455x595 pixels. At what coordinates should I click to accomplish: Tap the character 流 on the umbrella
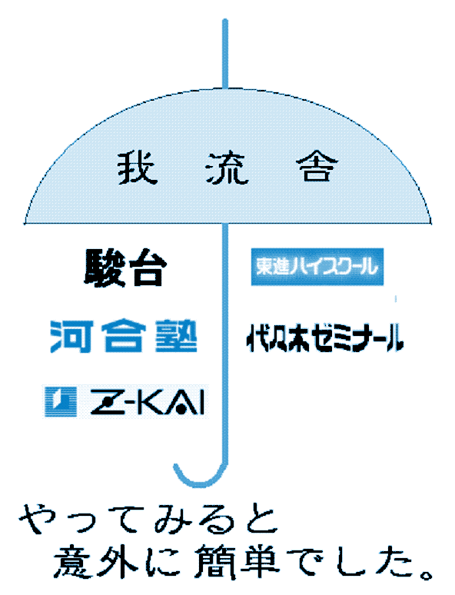coord(227,168)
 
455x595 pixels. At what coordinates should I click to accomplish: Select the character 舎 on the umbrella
coord(317,167)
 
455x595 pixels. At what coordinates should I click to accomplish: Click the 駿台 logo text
coord(125,268)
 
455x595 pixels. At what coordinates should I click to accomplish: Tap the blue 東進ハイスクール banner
coord(317,267)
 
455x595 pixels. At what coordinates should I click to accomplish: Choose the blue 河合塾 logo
coord(124,336)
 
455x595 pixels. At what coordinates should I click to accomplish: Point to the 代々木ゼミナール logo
coord(325,337)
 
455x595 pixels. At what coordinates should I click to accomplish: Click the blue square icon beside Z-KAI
coord(61,402)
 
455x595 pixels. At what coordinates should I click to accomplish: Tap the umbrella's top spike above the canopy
coord(225,54)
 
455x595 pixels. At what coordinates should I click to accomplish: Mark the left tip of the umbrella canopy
coord(25,223)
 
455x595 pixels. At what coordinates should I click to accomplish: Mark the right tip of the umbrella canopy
coord(430,223)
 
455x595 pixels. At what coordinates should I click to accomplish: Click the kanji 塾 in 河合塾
coord(177,336)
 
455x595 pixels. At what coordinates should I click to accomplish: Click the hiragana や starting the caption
coord(37,518)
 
